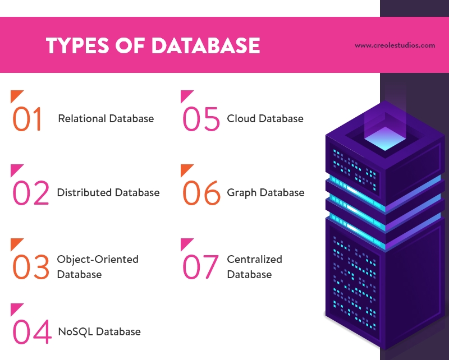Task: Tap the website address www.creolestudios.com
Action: click(395, 45)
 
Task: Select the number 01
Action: click(28, 119)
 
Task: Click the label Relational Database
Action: click(106, 119)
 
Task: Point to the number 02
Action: click(31, 193)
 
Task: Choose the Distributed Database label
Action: click(108, 193)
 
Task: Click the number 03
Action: click(31, 267)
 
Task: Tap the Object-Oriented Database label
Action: click(98, 267)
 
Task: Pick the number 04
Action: click(31, 332)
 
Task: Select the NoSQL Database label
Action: click(99, 331)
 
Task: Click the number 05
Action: click(201, 119)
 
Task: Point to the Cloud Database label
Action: click(265, 119)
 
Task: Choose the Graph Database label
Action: click(265, 193)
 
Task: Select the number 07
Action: click(200, 267)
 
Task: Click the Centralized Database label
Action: click(254, 267)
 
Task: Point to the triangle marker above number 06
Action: click(185, 169)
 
